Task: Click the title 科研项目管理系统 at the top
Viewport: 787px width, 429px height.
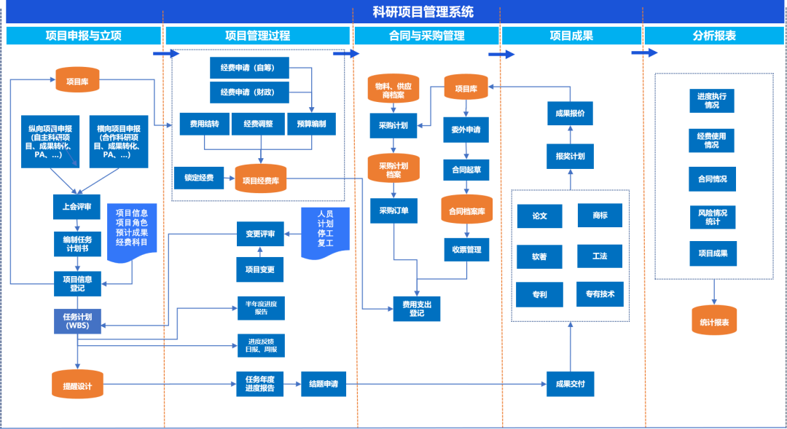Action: click(423, 12)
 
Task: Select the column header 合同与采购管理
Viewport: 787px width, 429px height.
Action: click(426, 36)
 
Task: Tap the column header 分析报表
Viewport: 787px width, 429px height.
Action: click(713, 36)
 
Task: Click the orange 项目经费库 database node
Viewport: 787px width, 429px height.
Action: click(261, 180)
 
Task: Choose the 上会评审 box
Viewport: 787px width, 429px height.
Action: click(77, 207)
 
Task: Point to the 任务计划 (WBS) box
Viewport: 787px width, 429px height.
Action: click(77, 321)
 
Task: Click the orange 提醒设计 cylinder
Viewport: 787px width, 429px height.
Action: click(77, 385)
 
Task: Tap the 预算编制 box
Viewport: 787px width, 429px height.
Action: click(311, 124)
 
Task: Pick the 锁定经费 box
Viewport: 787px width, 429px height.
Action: click(199, 178)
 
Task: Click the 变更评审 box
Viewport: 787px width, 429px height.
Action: click(260, 234)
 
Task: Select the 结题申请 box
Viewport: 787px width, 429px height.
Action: click(324, 384)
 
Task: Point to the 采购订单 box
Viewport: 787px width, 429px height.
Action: click(393, 210)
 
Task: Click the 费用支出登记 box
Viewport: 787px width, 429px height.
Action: click(416, 309)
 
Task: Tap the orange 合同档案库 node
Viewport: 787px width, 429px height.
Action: click(466, 210)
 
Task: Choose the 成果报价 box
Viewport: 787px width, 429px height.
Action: click(570, 114)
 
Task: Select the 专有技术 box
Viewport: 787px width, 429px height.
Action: click(600, 294)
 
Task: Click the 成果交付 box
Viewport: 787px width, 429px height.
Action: click(570, 384)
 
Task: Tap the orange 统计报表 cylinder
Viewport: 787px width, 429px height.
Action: click(714, 322)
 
